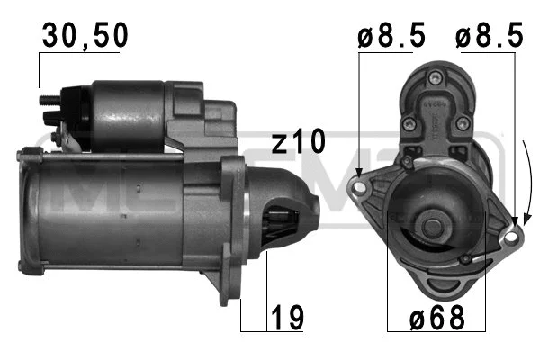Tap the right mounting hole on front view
(513, 236)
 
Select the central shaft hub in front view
(432, 224)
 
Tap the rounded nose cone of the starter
(301, 216)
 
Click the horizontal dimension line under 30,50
(79, 54)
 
